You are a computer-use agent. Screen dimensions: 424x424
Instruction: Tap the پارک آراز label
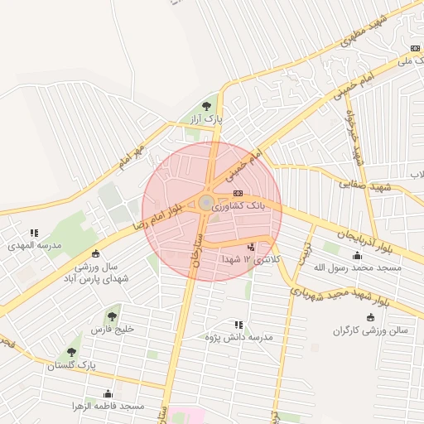(206, 122)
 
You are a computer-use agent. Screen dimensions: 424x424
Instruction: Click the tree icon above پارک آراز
(206, 105)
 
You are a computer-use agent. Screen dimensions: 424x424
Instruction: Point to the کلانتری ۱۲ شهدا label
(251, 260)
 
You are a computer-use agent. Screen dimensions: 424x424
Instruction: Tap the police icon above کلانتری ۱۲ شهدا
(251, 247)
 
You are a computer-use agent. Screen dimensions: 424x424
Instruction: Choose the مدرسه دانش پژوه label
(238, 338)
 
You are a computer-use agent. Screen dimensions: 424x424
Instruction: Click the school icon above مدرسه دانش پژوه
(238, 325)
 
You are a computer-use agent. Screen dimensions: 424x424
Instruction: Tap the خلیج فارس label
(112, 330)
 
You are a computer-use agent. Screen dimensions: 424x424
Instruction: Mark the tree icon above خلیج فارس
(112, 316)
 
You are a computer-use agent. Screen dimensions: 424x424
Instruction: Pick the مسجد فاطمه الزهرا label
(108, 407)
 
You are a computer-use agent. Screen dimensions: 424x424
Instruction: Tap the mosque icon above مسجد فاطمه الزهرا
(108, 393)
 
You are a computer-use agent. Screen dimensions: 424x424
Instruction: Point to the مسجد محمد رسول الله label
(357, 267)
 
